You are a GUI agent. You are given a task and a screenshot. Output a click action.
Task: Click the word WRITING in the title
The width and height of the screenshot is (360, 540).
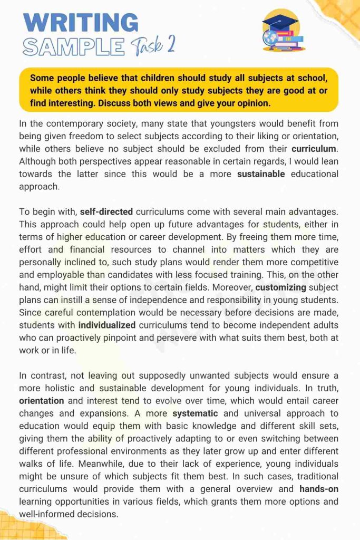[x=82, y=23]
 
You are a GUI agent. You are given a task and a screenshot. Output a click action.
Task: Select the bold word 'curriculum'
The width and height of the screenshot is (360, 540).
[x=314, y=148]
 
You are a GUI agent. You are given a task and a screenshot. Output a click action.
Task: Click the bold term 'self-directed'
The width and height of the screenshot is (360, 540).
[x=106, y=212]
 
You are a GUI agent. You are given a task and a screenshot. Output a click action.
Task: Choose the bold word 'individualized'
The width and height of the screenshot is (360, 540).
[x=107, y=324]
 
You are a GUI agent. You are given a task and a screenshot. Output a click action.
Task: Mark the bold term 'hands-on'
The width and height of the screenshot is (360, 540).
[x=319, y=489]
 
